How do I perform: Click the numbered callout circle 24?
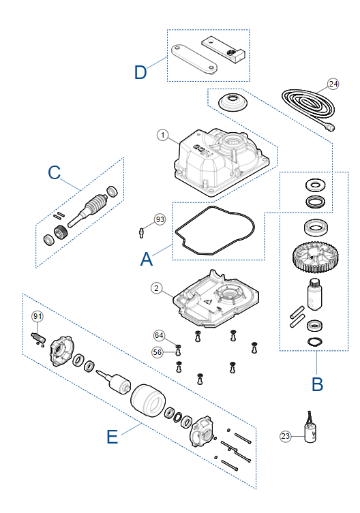pyautogui.click(x=333, y=84)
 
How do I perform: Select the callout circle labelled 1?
pyautogui.click(x=163, y=135)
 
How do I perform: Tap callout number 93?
pyautogui.click(x=160, y=219)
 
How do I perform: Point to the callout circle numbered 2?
pyautogui.click(x=156, y=288)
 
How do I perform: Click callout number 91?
pyautogui.click(x=37, y=316)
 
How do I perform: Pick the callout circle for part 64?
pyautogui.click(x=159, y=335)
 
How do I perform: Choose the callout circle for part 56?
pyautogui.click(x=157, y=352)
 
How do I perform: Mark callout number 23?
pyautogui.click(x=285, y=436)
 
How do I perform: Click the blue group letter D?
pyautogui.click(x=140, y=72)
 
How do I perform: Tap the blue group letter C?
pyautogui.click(x=55, y=172)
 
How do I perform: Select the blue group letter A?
pyautogui.click(x=147, y=259)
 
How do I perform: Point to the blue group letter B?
pyautogui.click(x=318, y=384)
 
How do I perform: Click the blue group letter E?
pyautogui.click(x=112, y=437)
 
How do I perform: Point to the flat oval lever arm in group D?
pyautogui.click(x=194, y=58)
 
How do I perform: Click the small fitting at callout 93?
pyautogui.click(x=141, y=233)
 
